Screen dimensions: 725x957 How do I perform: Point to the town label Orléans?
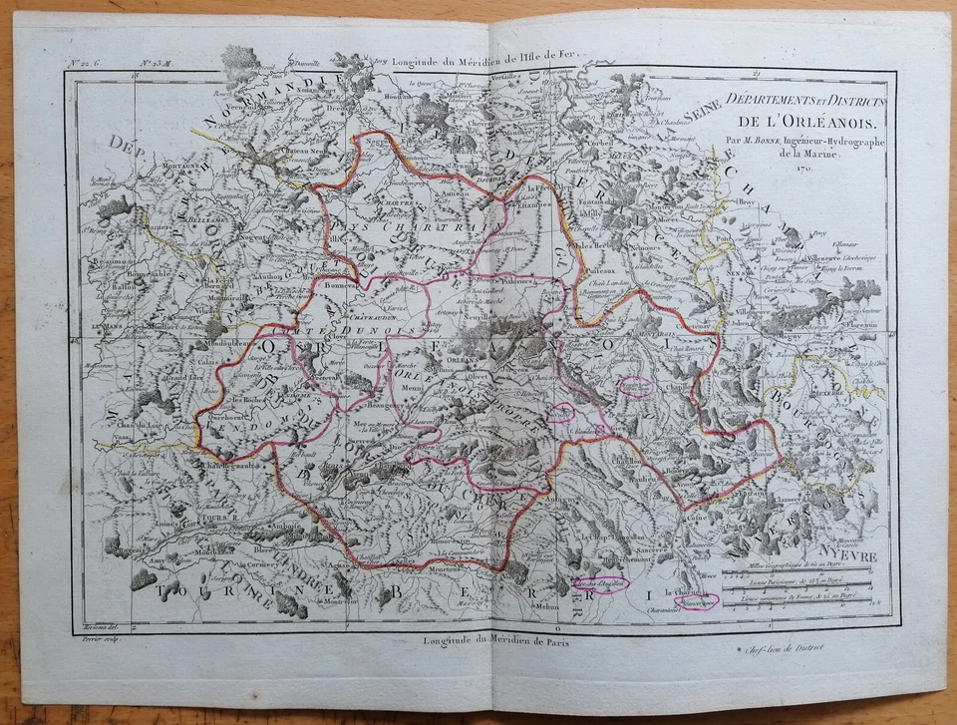pyautogui.click(x=460, y=363)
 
